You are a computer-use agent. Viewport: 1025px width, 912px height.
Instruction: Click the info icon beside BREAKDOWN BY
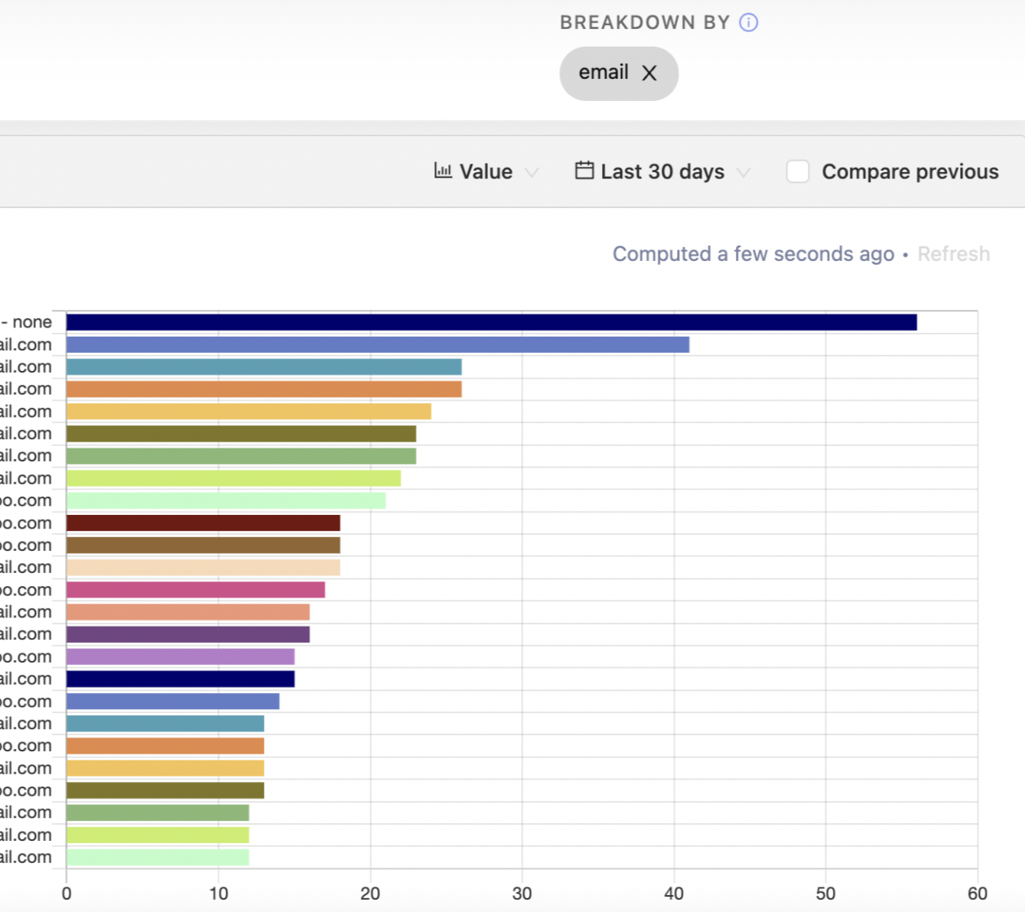click(x=748, y=22)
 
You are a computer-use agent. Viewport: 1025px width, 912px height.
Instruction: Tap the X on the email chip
click(x=649, y=73)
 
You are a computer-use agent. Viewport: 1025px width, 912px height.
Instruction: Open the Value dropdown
click(x=486, y=171)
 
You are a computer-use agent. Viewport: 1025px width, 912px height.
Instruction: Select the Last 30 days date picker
click(x=662, y=171)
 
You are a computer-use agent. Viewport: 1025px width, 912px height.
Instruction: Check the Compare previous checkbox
click(x=798, y=171)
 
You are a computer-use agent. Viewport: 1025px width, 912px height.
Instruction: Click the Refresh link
click(x=953, y=254)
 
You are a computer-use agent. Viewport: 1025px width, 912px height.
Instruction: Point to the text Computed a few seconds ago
click(x=753, y=254)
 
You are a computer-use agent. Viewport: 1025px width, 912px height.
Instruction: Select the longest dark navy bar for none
click(x=491, y=322)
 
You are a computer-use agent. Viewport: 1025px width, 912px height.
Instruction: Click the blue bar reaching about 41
click(x=377, y=345)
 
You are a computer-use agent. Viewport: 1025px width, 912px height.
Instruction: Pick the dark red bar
click(x=203, y=523)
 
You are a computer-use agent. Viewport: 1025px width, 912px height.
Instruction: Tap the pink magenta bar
click(x=195, y=590)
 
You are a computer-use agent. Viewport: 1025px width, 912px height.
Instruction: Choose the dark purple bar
click(x=187, y=634)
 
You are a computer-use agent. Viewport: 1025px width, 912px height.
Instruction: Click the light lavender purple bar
click(x=180, y=656)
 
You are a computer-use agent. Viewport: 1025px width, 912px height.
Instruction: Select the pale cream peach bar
click(x=203, y=568)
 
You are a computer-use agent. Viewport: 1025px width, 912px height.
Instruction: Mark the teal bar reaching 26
click(x=264, y=367)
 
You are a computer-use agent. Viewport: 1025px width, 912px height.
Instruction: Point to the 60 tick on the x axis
click(x=977, y=894)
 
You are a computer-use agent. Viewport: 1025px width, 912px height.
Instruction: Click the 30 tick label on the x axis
click(x=522, y=894)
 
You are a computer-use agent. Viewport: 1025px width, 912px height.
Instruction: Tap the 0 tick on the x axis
click(x=67, y=894)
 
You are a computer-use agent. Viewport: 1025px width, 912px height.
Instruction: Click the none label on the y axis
click(x=31, y=322)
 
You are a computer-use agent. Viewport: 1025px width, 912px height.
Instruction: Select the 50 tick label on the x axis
click(x=825, y=894)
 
